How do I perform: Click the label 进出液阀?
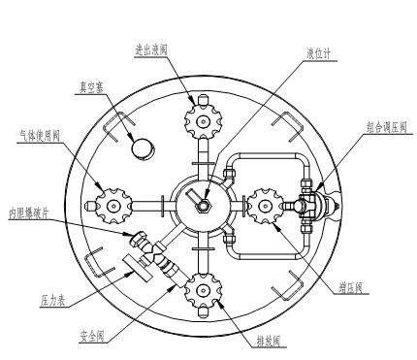click(151, 50)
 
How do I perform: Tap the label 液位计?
click(319, 53)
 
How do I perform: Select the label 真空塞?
click(91, 87)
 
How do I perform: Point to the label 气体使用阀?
click(39, 136)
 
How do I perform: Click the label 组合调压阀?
click(386, 127)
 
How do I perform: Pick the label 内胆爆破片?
click(29, 213)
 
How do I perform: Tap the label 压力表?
click(53, 301)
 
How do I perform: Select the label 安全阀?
click(92, 337)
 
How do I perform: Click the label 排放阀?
click(269, 341)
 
